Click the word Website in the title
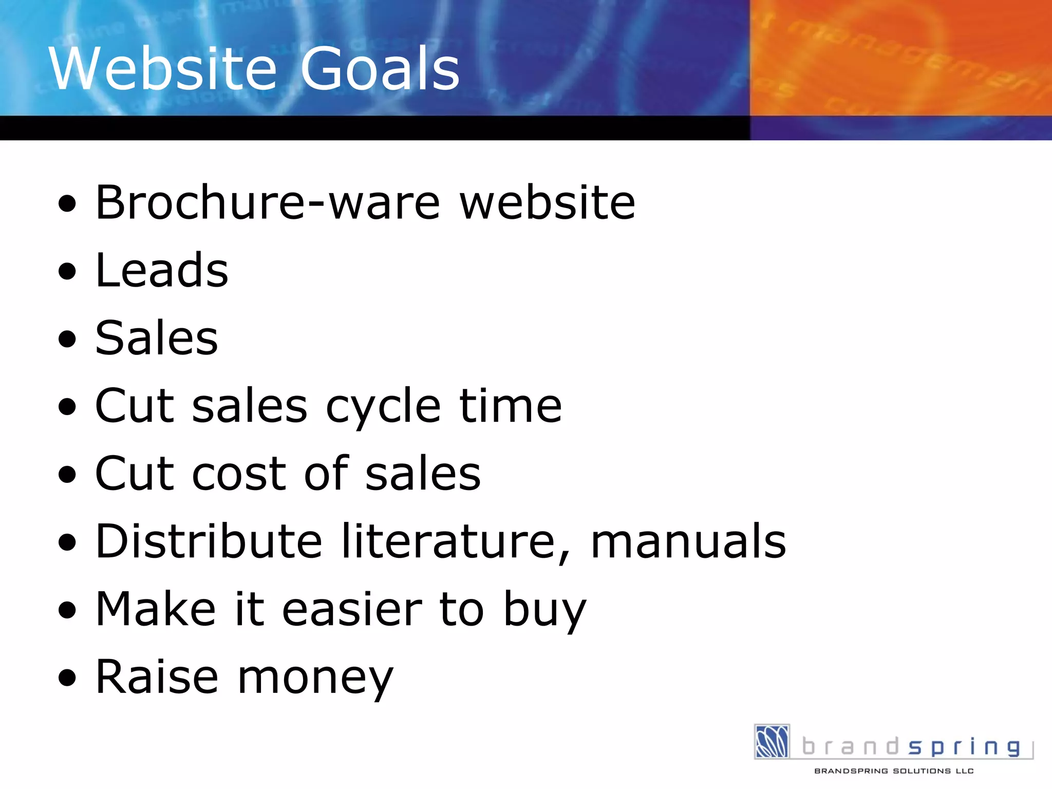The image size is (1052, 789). coord(163,69)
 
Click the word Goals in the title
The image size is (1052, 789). coord(380,69)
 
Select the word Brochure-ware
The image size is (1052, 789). coord(268,202)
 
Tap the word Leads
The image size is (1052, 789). coord(162,271)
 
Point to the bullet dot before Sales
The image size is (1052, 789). coord(67,339)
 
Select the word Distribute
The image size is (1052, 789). coord(209,541)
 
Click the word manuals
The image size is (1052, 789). coord(688,541)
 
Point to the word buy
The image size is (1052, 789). coord(545,610)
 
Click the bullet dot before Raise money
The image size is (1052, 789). coord(67,678)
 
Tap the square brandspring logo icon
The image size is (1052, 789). coord(772,741)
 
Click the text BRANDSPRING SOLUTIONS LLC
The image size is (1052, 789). coord(894,771)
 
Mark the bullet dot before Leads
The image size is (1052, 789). coord(67,271)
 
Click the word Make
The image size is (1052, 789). coord(156,609)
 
